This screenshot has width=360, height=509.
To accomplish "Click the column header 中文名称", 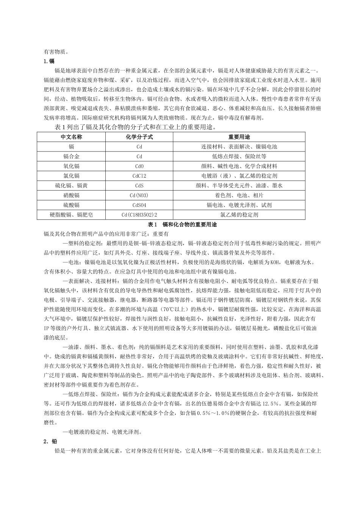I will [x=71, y=137].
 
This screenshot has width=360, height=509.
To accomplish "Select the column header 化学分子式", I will [x=139, y=137].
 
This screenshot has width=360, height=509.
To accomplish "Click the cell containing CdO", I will [x=139, y=166].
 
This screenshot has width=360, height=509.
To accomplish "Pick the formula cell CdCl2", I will [x=139, y=176].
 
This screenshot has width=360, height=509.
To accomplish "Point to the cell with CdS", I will [x=139, y=186].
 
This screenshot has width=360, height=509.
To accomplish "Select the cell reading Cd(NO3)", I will [x=139, y=195].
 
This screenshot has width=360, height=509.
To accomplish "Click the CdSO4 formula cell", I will [x=139, y=205].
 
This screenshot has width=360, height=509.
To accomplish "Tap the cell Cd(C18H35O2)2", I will [x=139, y=215].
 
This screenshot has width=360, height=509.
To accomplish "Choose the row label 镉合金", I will [x=71, y=156].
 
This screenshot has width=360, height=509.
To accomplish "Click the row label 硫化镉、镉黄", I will [x=71, y=186].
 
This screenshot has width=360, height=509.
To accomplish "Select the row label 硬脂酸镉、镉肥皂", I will [x=71, y=215].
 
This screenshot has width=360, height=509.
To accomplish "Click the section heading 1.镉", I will [x=49, y=61].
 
